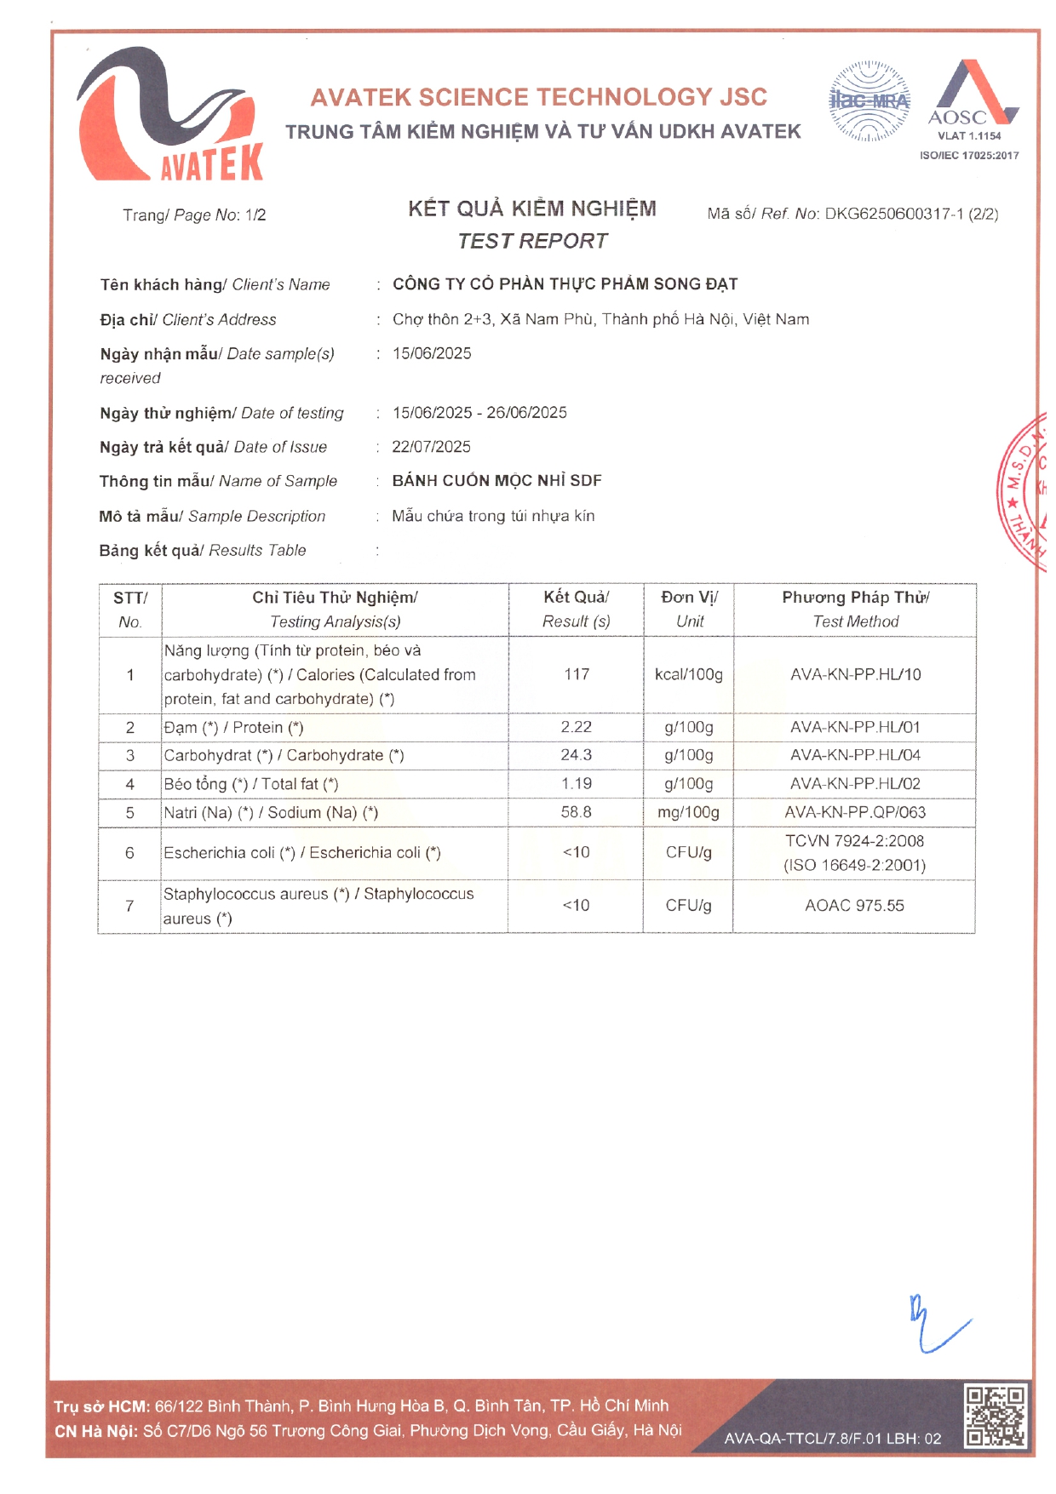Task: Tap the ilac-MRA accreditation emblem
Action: (x=869, y=101)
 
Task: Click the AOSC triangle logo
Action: (x=971, y=94)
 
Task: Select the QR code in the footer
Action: (x=995, y=1417)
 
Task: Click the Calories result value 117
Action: (x=577, y=674)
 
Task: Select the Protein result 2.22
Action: (x=577, y=727)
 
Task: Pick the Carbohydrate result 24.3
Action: (x=577, y=755)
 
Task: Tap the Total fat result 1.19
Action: (x=577, y=783)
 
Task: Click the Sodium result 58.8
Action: (x=577, y=812)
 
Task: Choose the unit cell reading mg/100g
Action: (x=688, y=812)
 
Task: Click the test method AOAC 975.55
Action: (x=854, y=906)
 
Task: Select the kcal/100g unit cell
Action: (x=688, y=674)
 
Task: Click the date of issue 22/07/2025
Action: (x=431, y=447)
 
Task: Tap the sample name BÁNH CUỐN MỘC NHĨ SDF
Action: (x=496, y=481)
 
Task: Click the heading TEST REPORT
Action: (x=532, y=241)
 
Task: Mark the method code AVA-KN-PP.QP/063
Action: (x=854, y=812)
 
